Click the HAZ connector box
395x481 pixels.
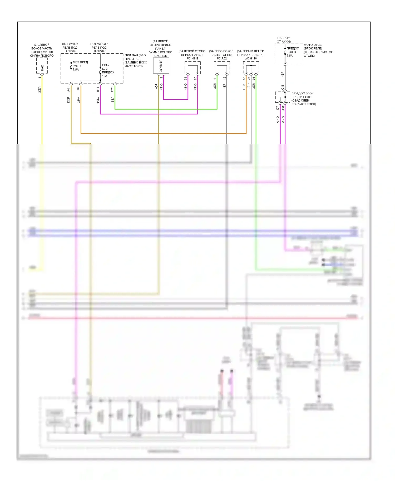click(42, 66)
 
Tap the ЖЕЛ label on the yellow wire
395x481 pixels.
click(40, 90)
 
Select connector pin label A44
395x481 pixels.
click(68, 89)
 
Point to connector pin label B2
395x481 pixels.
click(78, 88)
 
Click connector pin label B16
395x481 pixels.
click(98, 89)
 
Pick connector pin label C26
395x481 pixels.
click(112, 89)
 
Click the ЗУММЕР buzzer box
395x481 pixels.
click(161, 66)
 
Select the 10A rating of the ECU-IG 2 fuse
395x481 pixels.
click(105, 76)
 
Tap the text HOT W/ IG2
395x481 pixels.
click(70, 44)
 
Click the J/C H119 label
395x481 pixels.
click(192, 58)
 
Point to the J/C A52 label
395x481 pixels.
click(221, 58)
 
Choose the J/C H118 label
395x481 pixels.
click(250, 58)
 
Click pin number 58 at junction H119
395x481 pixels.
click(186, 78)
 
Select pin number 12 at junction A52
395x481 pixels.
click(224, 78)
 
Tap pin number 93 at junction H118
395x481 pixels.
click(254, 78)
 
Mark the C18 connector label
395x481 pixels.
click(283, 87)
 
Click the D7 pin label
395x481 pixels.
click(278, 108)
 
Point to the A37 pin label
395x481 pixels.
click(283, 108)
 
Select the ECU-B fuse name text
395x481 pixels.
click(291, 52)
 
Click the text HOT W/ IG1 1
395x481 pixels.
click(99, 44)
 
